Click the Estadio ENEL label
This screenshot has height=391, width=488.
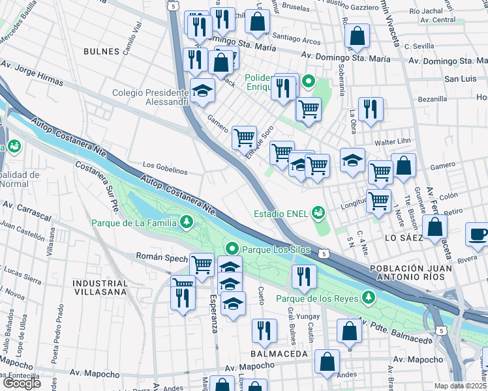click(281, 213)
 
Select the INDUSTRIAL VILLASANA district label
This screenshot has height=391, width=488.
click(100, 288)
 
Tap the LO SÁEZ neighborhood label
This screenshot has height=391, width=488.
click(404, 238)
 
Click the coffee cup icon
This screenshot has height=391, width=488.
click(478, 235)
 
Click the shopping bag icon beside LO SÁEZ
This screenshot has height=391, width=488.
click(435, 228)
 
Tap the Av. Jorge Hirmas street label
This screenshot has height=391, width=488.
click(33, 74)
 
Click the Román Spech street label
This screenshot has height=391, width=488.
click(161, 258)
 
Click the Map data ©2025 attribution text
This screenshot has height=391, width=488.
click(461, 386)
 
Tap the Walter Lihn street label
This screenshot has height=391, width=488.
click(389, 143)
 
